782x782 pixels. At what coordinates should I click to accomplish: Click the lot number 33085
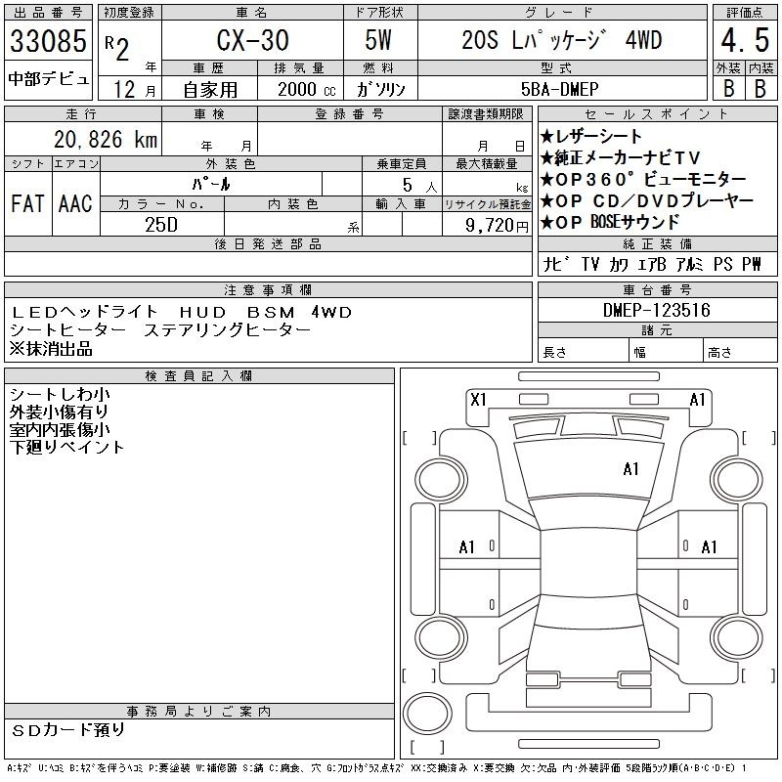48,41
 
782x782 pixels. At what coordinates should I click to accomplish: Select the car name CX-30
252,40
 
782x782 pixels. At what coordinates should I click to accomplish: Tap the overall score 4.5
745,40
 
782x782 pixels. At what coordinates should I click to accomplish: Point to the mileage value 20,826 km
106,139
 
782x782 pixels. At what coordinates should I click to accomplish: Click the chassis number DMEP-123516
656,310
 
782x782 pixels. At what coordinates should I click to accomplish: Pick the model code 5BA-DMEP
559,89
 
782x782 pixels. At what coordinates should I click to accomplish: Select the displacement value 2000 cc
307,89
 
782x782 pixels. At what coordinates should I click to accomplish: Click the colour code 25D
161,225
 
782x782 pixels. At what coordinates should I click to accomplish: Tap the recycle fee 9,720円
497,226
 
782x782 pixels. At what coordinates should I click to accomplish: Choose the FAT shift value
27,203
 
